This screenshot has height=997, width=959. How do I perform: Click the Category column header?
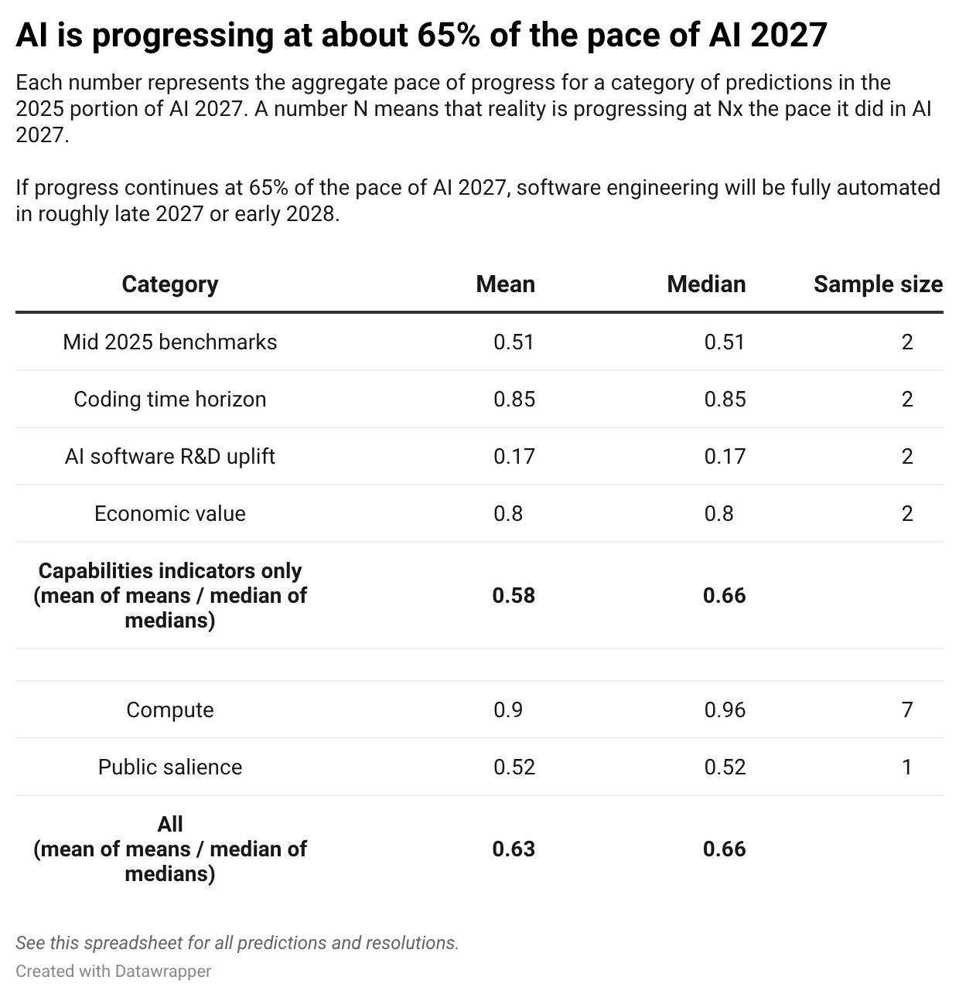pyautogui.click(x=169, y=284)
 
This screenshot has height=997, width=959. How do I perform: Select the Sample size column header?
pyautogui.click(x=878, y=284)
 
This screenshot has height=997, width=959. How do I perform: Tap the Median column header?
pyautogui.click(x=705, y=284)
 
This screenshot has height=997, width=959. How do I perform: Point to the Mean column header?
pyautogui.click(x=505, y=284)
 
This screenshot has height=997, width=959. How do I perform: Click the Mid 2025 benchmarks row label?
pyautogui.click(x=169, y=342)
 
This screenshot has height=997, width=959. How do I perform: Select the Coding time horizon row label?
pyautogui.click(x=169, y=399)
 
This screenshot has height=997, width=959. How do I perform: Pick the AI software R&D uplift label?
pyautogui.click(x=169, y=456)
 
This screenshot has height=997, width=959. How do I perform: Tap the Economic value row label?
pyautogui.click(x=169, y=513)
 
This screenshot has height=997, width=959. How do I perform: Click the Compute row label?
pyautogui.click(x=169, y=709)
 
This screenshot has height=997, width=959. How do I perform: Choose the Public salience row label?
pyautogui.click(x=169, y=767)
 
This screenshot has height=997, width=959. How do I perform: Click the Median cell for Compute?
pyautogui.click(x=725, y=709)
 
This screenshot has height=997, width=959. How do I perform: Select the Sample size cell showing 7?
pyautogui.click(x=907, y=709)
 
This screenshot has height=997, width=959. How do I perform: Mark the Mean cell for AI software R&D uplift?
pyautogui.click(x=514, y=456)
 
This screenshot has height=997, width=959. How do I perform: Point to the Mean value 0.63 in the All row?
pyautogui.click(x=514, y=849)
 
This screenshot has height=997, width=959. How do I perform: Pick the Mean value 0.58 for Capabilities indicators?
pyautogui.click(x=514, y=595)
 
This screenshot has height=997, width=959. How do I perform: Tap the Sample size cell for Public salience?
pyautogui.click(x=907, y=767)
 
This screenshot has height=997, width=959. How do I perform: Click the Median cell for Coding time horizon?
pyautogui.click(x=725, y=399)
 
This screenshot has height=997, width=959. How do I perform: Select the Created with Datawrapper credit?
pyautogui.click(x=113, y=971)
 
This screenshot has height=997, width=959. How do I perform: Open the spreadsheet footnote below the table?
pyautogui.click(x=237, y=943)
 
